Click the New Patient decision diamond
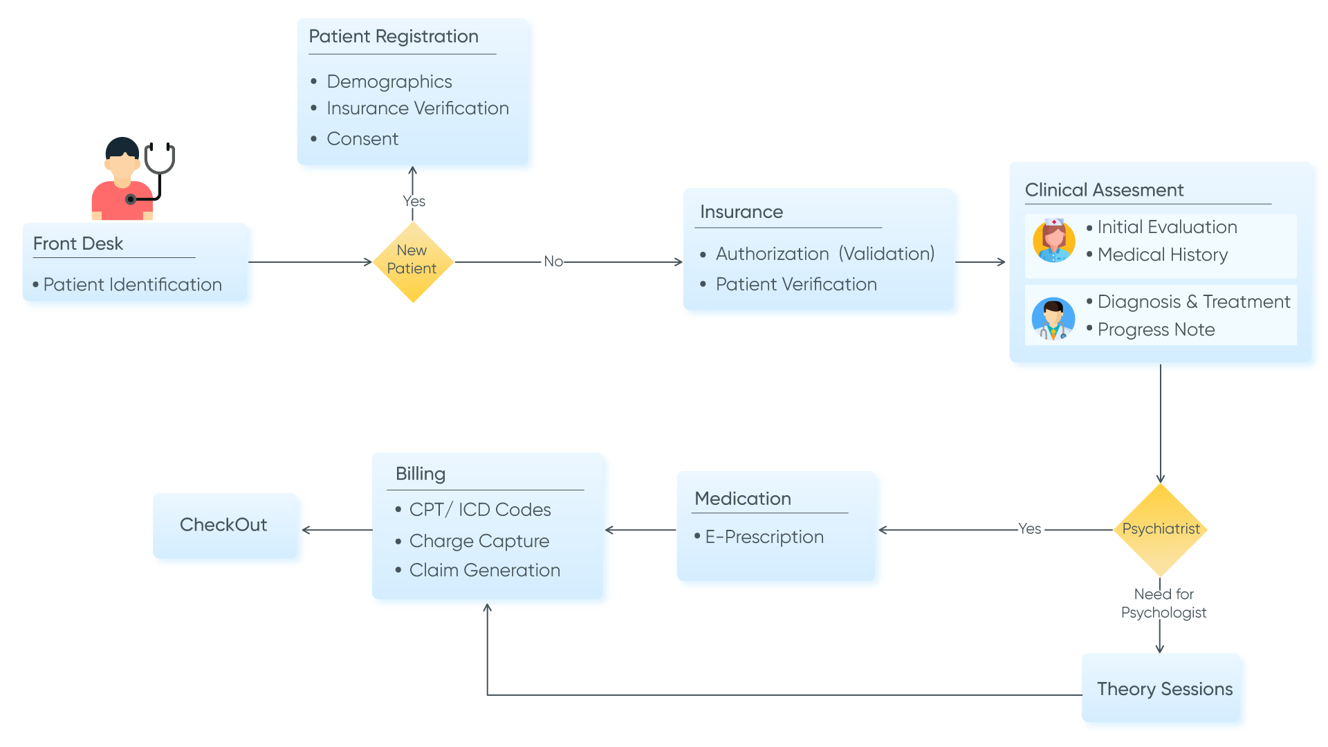click(412, 261)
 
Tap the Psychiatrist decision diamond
click(1161, 529)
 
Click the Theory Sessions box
click(1165, 690)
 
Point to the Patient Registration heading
click(393, 37)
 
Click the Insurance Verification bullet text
click(417, 109)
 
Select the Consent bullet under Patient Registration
click(362, 139)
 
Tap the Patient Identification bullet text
click(132, 285)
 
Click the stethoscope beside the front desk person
click(158, 166)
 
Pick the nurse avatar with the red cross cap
click(1053, 241)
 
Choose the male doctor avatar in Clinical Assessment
click(1053, 320)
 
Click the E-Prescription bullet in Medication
click(764, 537)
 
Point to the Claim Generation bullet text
click(484, 571)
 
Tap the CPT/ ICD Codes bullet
click(479, 510)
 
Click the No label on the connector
click(553, 261)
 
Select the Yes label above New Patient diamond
click(414, 201)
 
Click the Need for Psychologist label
click(1163, 603)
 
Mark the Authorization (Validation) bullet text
click(824, 254)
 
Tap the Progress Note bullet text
click(1156, 330)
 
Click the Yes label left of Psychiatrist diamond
click(1029, 529)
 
